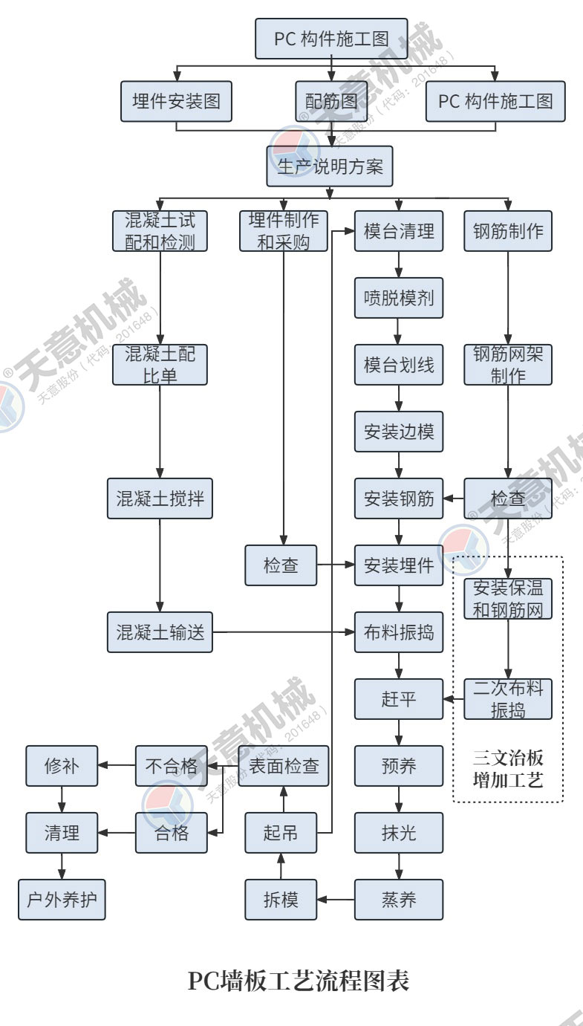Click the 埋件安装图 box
[176, 101]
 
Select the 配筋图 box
[331, 101]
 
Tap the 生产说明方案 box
[330, 166]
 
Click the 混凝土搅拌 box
[160, 499]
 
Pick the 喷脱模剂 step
[399, 299]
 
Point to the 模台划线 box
[399, 365]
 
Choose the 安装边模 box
[399, 432]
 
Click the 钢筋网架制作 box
[508, 364]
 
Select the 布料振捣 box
[399, 632]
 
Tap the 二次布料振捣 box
[508, 698]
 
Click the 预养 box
[399, 766]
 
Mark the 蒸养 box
[399, 900]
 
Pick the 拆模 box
[281, 900]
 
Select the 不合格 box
[171, 766]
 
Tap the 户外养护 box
[62, 900]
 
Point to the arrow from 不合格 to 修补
[117, 766]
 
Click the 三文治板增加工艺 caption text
[508, 770]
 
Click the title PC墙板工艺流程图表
[298, 981]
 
